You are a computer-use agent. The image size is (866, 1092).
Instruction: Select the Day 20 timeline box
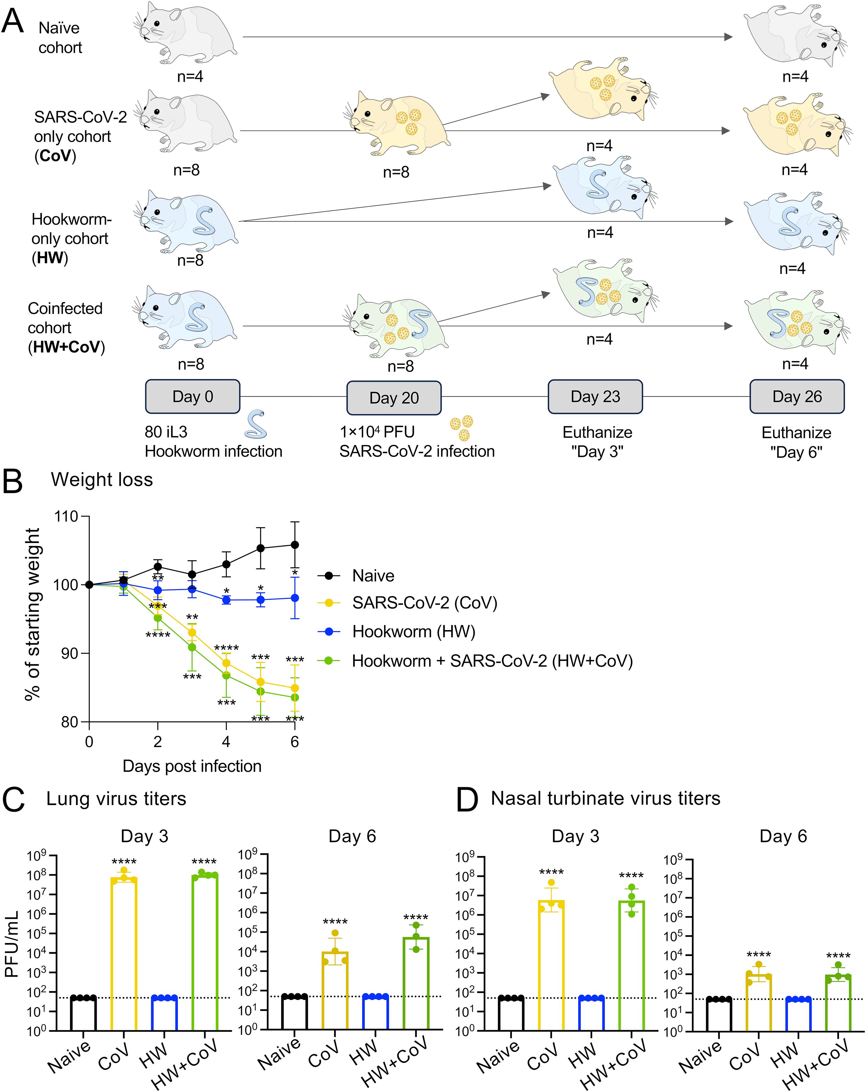(394, 398)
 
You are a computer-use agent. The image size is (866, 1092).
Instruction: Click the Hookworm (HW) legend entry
(413, 632)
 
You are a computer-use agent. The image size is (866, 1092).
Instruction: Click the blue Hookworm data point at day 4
(226, 600)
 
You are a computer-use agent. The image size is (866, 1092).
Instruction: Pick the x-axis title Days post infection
(192, 766)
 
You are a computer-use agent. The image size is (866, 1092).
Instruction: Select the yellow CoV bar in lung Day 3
(124, 952)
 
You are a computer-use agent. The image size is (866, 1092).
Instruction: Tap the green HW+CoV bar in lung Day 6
(416, 983)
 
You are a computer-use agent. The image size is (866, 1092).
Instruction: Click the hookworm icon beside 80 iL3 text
(256, 425)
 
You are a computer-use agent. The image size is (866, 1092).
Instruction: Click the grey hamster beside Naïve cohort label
(187, 31)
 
